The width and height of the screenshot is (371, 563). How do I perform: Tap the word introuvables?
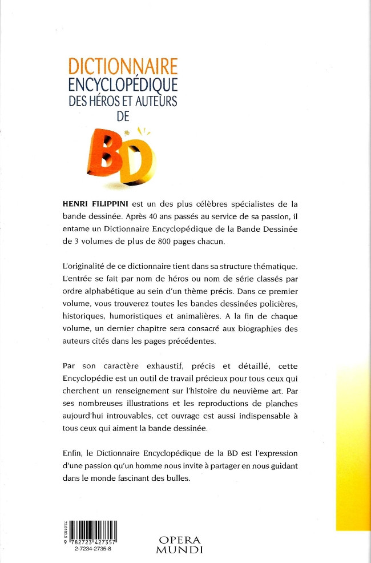(x=153, y=415)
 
